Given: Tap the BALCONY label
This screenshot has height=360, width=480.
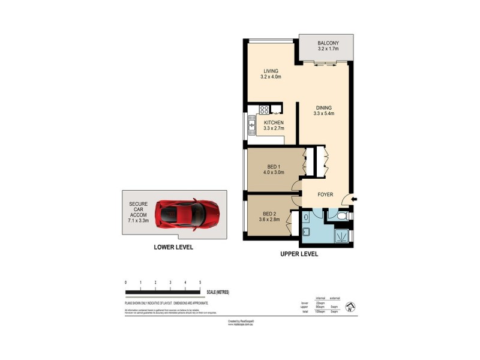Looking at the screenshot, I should pos(328,43).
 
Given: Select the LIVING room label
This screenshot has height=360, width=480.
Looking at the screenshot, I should pos(271,71).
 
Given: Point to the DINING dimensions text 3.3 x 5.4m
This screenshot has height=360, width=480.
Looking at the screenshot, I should pos(323,113).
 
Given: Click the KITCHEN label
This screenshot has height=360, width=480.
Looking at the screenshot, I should pos(274,122).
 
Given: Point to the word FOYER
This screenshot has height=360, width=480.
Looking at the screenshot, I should pos(325,194).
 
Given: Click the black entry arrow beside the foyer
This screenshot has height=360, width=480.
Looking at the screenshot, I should pos(354,199).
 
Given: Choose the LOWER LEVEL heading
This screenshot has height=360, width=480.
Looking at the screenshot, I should pos(173,247).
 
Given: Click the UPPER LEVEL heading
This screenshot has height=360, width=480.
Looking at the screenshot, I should pos(299,254).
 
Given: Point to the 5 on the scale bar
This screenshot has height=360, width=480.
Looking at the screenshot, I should pos(200,281).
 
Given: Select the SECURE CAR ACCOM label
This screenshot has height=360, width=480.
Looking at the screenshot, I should pos(138,212).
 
